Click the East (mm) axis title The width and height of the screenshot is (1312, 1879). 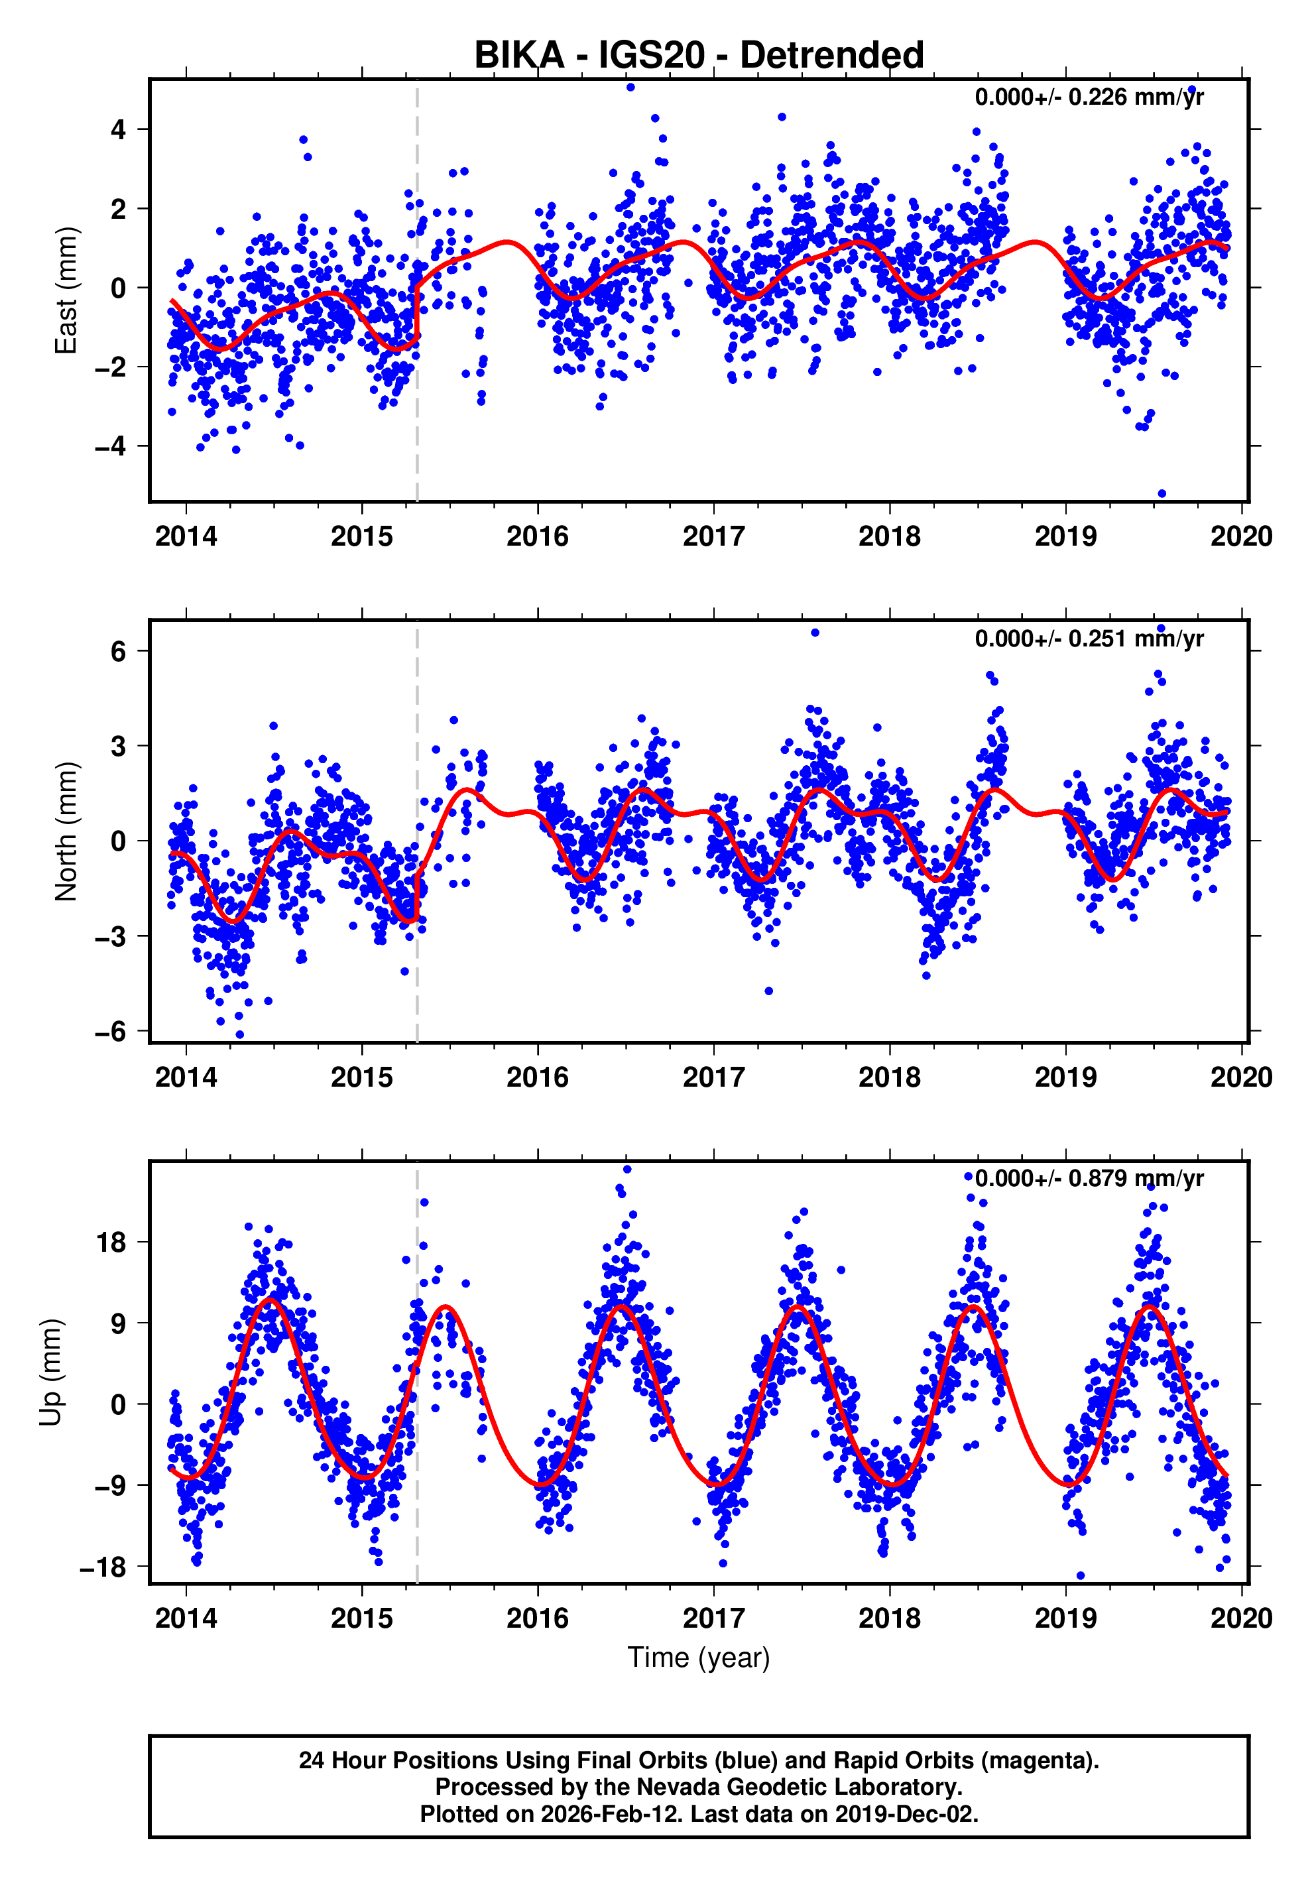66,290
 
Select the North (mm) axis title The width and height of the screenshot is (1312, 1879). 66,831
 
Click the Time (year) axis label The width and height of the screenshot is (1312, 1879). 698,1657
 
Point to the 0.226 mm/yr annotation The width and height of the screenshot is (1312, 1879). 1089,97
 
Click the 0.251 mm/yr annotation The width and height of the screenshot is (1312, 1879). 1089,638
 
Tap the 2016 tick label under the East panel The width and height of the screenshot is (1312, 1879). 537,537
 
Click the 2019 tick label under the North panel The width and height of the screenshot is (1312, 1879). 1065,1078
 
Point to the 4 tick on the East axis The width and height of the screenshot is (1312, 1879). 119,129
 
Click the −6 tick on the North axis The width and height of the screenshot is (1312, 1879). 111,1031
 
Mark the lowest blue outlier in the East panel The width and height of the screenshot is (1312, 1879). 1162,493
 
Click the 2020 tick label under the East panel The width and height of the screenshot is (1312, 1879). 1241,537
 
